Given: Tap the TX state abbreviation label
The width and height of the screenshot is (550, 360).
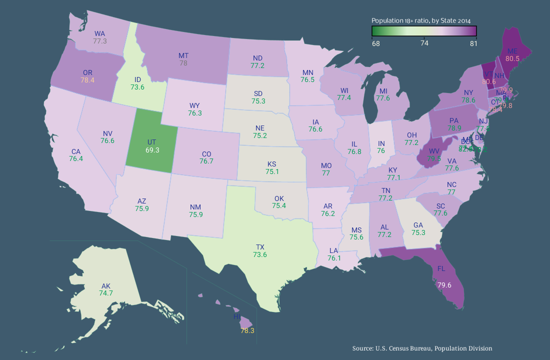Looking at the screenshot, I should [260, 247].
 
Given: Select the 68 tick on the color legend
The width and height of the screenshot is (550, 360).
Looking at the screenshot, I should [375, 43].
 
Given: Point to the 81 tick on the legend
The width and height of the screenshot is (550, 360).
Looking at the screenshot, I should [473, 43].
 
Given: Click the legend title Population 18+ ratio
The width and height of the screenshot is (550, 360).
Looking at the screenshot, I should [421, 20].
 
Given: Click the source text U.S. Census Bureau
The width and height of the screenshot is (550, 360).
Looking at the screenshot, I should [422, 348].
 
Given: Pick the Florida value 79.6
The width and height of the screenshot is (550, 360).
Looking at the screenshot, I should [444, 285].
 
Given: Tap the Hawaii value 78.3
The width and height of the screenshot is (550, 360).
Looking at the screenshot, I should [247, 330].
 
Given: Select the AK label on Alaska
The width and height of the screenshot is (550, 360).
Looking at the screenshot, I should [106, 286].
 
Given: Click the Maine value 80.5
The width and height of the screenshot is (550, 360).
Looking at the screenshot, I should [512, 58].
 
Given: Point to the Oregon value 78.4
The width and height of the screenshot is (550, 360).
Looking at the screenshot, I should [87, 79].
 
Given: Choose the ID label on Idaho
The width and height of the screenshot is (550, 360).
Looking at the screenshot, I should [137, 79].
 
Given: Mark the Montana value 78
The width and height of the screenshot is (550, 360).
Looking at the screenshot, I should [183, 63].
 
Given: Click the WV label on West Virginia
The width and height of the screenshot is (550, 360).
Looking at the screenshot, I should [433, 150].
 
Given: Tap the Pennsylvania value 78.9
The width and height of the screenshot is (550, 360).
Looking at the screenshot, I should [454, 128].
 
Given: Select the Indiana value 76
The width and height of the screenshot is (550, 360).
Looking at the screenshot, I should [381, 150].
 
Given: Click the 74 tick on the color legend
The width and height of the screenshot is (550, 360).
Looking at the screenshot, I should [424, 43].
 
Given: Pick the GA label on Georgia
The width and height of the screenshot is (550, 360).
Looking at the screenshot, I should [418, 225].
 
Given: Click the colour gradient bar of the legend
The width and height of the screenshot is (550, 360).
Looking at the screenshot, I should [424, 31].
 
